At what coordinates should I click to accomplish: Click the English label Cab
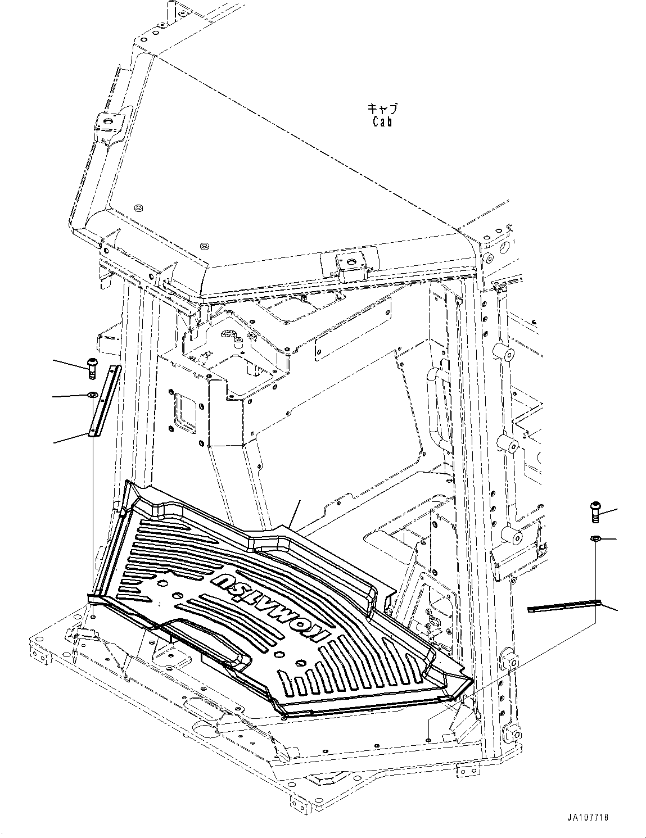tap(382, 121)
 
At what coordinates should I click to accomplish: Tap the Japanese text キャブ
tap(382, 107)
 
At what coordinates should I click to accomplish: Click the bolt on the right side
tap(596, 511)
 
